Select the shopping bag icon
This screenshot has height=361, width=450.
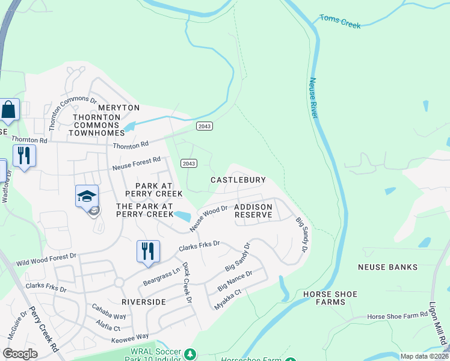(9, 110)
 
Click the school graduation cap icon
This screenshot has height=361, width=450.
(87, 196)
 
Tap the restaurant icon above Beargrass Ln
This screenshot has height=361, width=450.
(148, 250)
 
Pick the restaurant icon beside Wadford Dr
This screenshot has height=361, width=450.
(24, 156)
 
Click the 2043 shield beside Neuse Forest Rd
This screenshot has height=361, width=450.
(189, 164)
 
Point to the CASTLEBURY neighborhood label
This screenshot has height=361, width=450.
(238, 180)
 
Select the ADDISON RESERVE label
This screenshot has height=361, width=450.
(253, 211)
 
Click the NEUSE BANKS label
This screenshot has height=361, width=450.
(387, 267)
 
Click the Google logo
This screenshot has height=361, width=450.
(20, 354)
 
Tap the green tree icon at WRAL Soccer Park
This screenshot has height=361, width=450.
(190, 353)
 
